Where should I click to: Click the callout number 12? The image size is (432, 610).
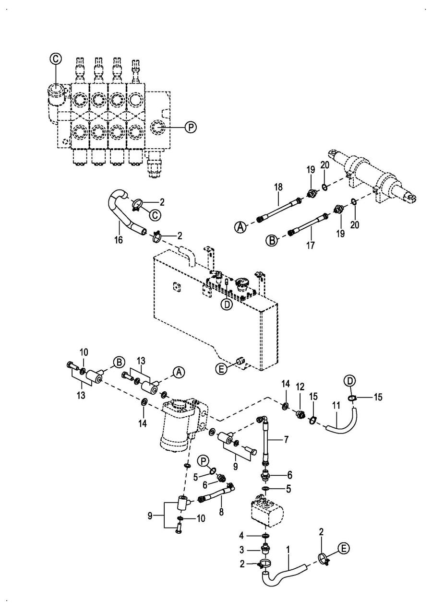(x=300, y=386)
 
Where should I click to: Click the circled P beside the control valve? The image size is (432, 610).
(x=191, y=127)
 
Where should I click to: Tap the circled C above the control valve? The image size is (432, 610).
(x=56, y=59)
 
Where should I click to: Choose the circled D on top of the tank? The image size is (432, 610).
(x=227, y=304)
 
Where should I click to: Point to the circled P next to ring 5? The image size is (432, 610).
(x=203, y=461)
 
